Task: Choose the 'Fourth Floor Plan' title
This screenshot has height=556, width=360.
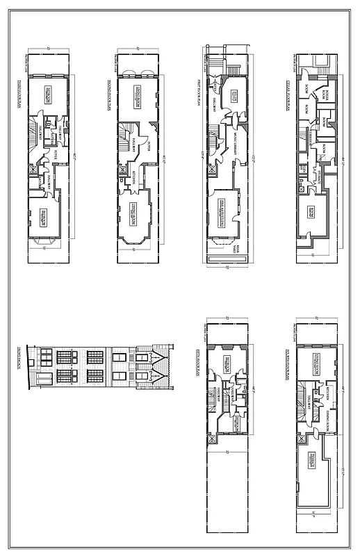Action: [287, 365]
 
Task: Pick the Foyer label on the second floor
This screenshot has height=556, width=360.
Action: [152, 146]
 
